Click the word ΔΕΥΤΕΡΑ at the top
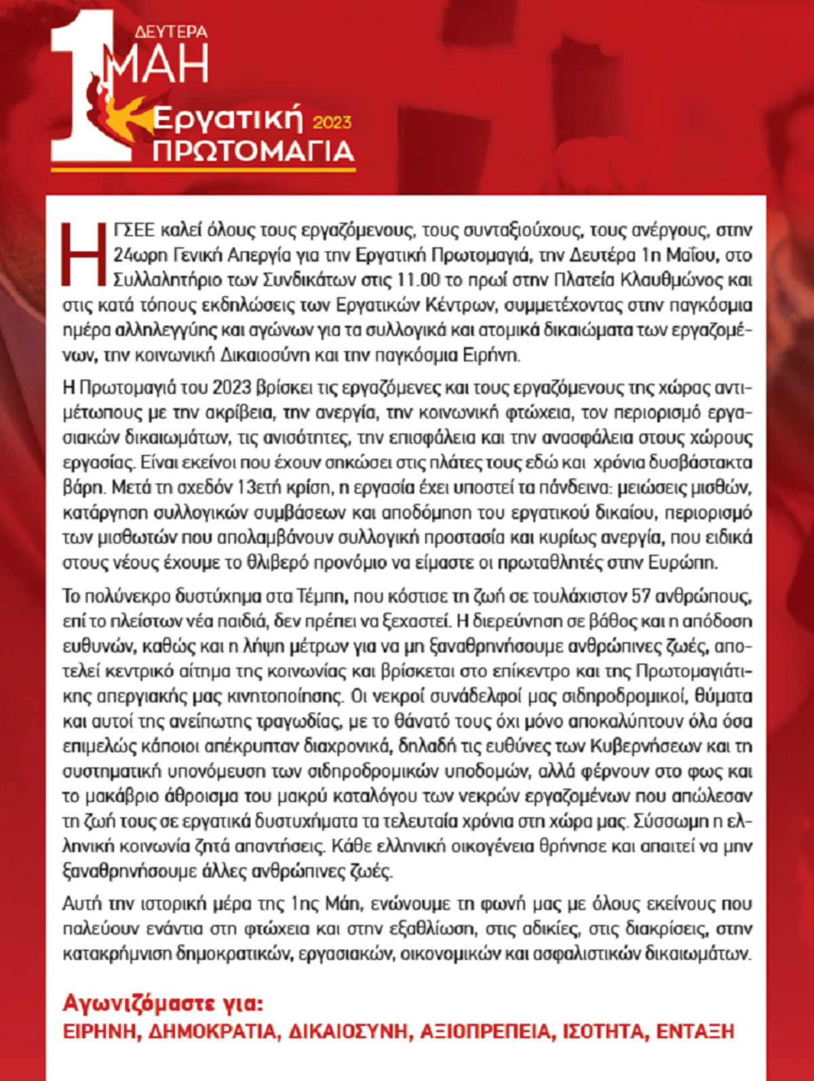coord(171,32)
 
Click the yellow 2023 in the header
coord(332,122)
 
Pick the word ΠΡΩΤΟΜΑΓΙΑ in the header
coord(253,151)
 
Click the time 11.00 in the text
coord(419,280)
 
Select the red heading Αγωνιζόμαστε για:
coord(163,1003)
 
